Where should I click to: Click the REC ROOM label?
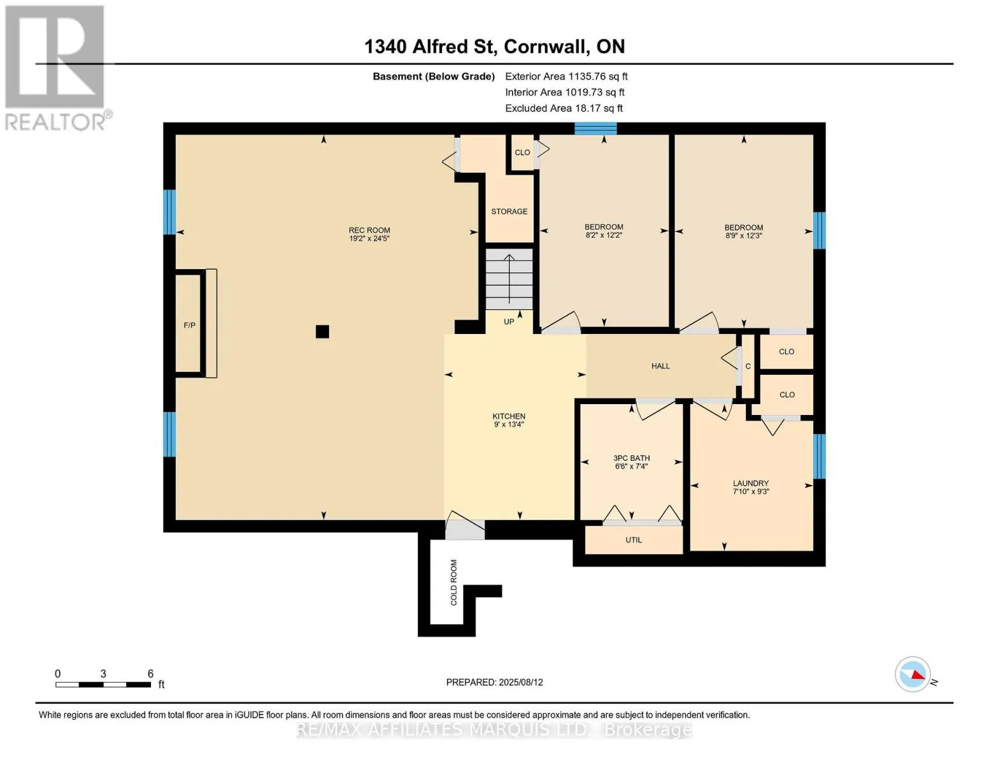point(369,230)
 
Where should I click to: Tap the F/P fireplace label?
point(189,325)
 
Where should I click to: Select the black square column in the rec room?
point(322,331)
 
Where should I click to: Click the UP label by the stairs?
point(509,322)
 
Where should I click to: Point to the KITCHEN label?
point(509,416)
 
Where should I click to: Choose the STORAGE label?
point(509,212)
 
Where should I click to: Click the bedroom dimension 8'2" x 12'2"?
point(604,235)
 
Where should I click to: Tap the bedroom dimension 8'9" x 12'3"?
point(744,236)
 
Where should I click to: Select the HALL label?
point(660,366)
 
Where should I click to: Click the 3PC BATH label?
point(631,458)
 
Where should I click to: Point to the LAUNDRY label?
point(751,483)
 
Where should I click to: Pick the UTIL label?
point(634,540)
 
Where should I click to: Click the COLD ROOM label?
point(453,582)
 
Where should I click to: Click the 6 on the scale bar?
point(150,673)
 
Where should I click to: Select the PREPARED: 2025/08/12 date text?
point(494,682)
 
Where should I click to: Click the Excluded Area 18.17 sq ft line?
point(564,108)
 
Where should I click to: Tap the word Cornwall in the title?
point(545,47)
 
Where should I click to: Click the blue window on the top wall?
point(595,129)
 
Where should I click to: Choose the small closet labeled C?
point(748,367)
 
